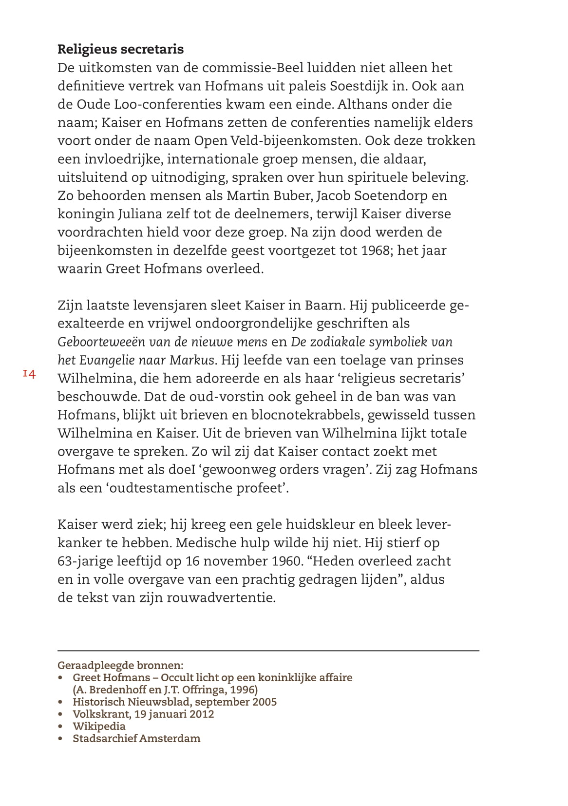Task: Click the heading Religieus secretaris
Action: coord(120,49)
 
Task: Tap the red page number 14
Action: coord(29,374)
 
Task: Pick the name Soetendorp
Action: coord(390,196)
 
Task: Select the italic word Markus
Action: coord(191,361)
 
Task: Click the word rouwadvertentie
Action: coord(221,598)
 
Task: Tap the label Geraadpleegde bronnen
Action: coord(120,666)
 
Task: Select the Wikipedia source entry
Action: coord(99,727)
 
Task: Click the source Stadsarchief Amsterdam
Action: coord(136,739)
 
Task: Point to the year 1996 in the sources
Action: coord(243,690)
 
